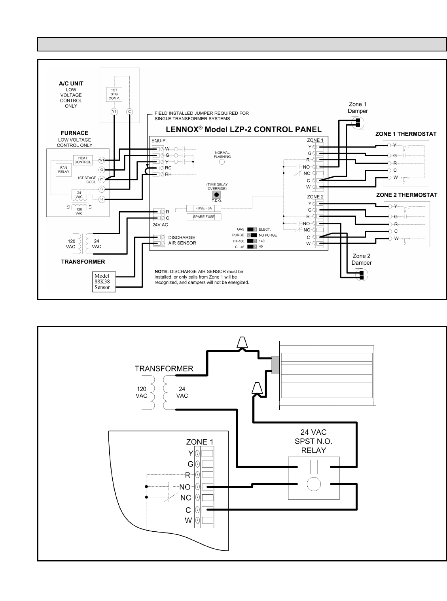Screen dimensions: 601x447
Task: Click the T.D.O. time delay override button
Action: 216,195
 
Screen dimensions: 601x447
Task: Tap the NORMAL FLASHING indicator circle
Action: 222,161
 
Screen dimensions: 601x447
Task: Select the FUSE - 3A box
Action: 204,208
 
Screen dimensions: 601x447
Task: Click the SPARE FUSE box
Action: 204,217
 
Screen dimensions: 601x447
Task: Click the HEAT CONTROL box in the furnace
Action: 83,160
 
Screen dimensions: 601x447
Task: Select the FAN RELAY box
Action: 64,169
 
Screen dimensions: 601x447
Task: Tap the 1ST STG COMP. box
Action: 114,94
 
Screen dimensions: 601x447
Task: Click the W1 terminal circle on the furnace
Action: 102,160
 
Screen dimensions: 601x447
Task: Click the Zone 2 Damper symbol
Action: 361,274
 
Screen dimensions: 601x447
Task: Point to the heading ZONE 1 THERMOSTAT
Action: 406,134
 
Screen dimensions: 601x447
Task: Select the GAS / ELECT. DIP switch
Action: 252,229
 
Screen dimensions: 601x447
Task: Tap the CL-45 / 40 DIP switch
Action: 252,246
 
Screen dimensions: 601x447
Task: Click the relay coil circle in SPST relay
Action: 314,484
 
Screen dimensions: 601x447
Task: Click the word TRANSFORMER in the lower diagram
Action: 164,369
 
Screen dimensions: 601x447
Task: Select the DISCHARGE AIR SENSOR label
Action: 182,240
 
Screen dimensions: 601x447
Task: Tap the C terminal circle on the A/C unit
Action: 129,112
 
